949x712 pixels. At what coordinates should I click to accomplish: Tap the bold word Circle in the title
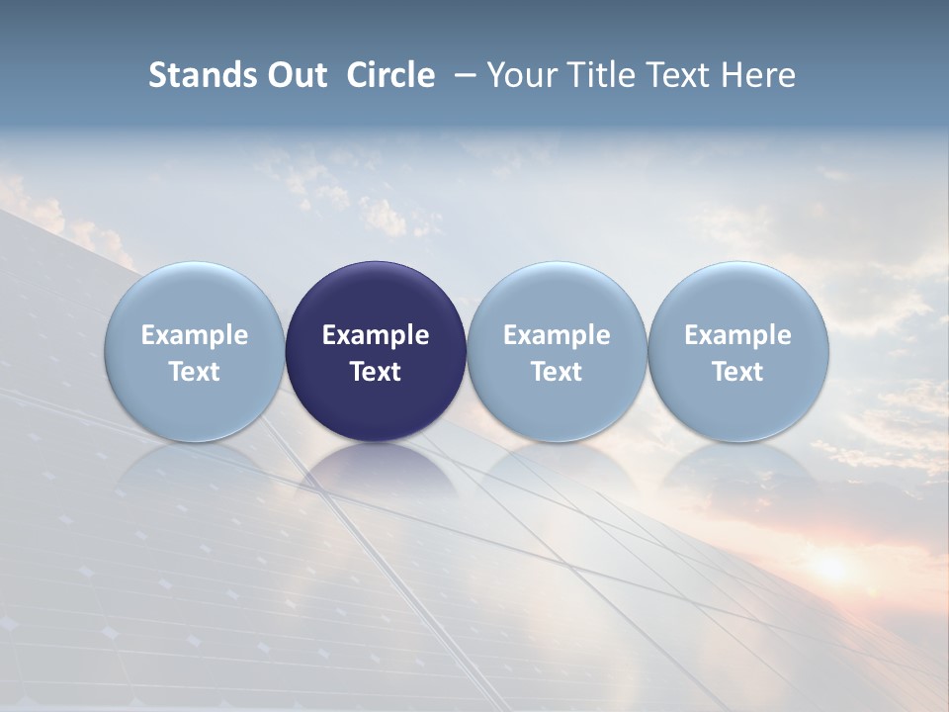(x=390, y=75)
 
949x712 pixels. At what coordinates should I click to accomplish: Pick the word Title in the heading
(x=604, y=75)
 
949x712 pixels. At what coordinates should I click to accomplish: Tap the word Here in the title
(x=759, y=75)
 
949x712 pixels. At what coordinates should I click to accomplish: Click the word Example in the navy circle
(x=376, y=335)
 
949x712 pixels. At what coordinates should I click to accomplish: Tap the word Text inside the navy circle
(x=376, y=372)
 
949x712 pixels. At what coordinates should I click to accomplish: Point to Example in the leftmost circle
(x=194, y=335)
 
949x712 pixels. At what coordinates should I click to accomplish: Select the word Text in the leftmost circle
(x=194, y=372)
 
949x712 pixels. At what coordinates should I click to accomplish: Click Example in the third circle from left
(x=557, y=335)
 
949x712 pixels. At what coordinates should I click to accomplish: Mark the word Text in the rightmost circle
(x=737, y=372)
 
